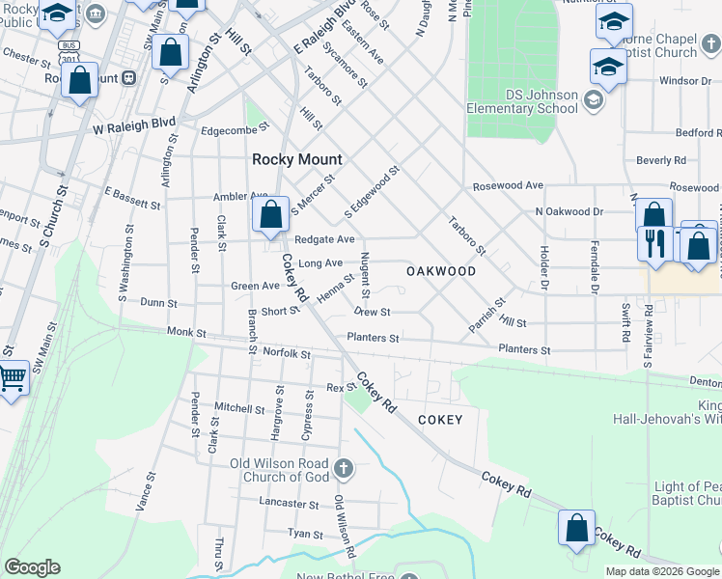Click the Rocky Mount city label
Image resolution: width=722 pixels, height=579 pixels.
coord(291,159)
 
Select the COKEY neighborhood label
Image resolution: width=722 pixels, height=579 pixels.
coord(440,420)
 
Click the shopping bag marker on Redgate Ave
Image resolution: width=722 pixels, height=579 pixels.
coord(272,215)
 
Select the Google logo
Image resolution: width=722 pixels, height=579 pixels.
coord(32,566)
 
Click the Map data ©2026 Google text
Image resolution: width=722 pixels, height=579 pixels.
coord(662,571)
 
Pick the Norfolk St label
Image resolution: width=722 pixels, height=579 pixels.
coord(286,354)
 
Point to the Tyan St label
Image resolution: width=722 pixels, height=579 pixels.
coord(305,533)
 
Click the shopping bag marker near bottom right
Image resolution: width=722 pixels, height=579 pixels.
coord(576,529)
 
